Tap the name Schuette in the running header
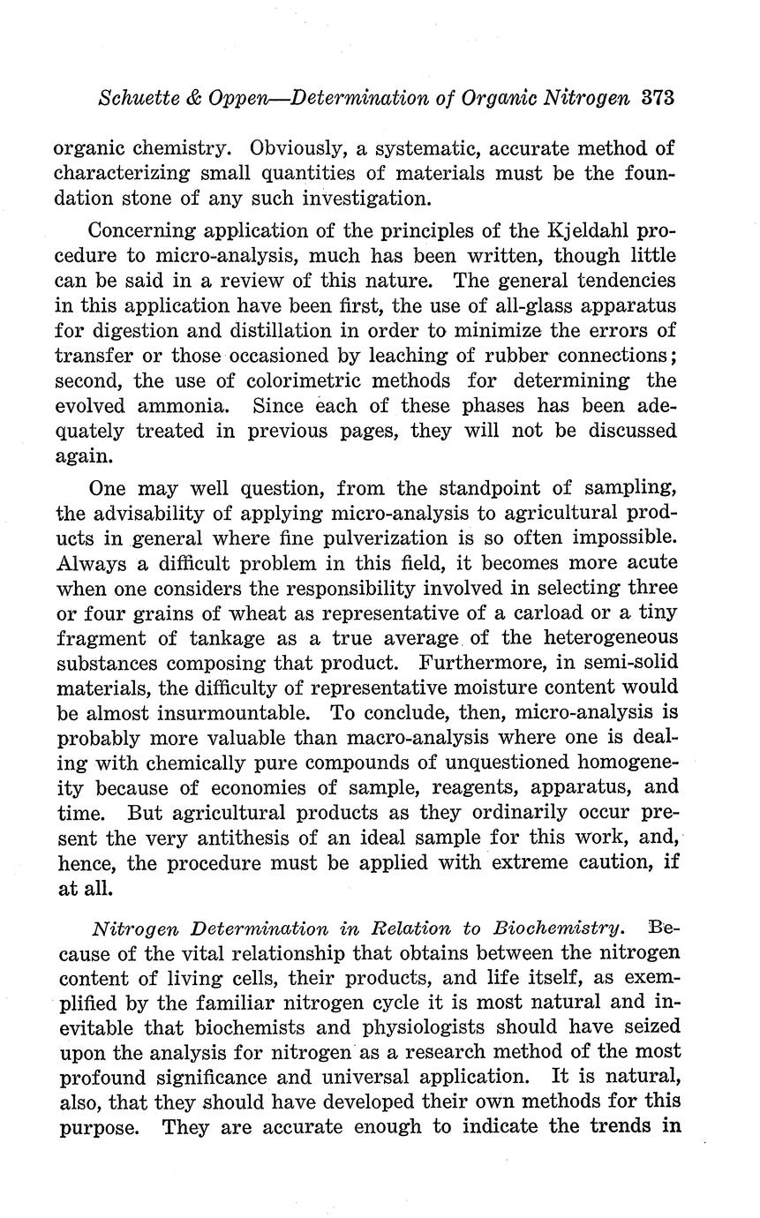point(137,97)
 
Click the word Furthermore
point(500,661)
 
